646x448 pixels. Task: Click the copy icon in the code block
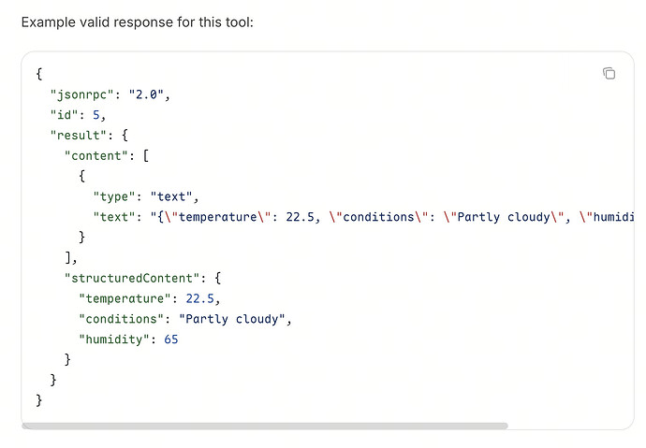pos(609,73)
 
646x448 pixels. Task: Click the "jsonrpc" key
pos(81,94)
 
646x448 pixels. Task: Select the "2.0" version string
pos(146,94)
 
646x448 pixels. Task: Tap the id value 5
pos(96,115)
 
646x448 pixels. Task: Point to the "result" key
pos(78,136)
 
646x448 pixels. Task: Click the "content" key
pos(96,156)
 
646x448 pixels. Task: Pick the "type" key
pos(113,196)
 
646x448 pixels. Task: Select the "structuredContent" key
pos(131,278)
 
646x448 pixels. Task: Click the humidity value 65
pos(171,340)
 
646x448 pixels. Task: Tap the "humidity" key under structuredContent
pos(113,340)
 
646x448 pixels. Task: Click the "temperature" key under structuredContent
pos(125,298)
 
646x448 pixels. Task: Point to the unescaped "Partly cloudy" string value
pos(232,319)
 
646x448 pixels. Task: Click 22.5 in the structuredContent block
pos(199,298)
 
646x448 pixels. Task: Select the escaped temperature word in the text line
pos(217,217)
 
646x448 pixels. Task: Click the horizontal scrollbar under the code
pos(265,426)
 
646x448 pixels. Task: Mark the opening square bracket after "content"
pos(146,156)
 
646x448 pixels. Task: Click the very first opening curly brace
pos(39,74)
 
